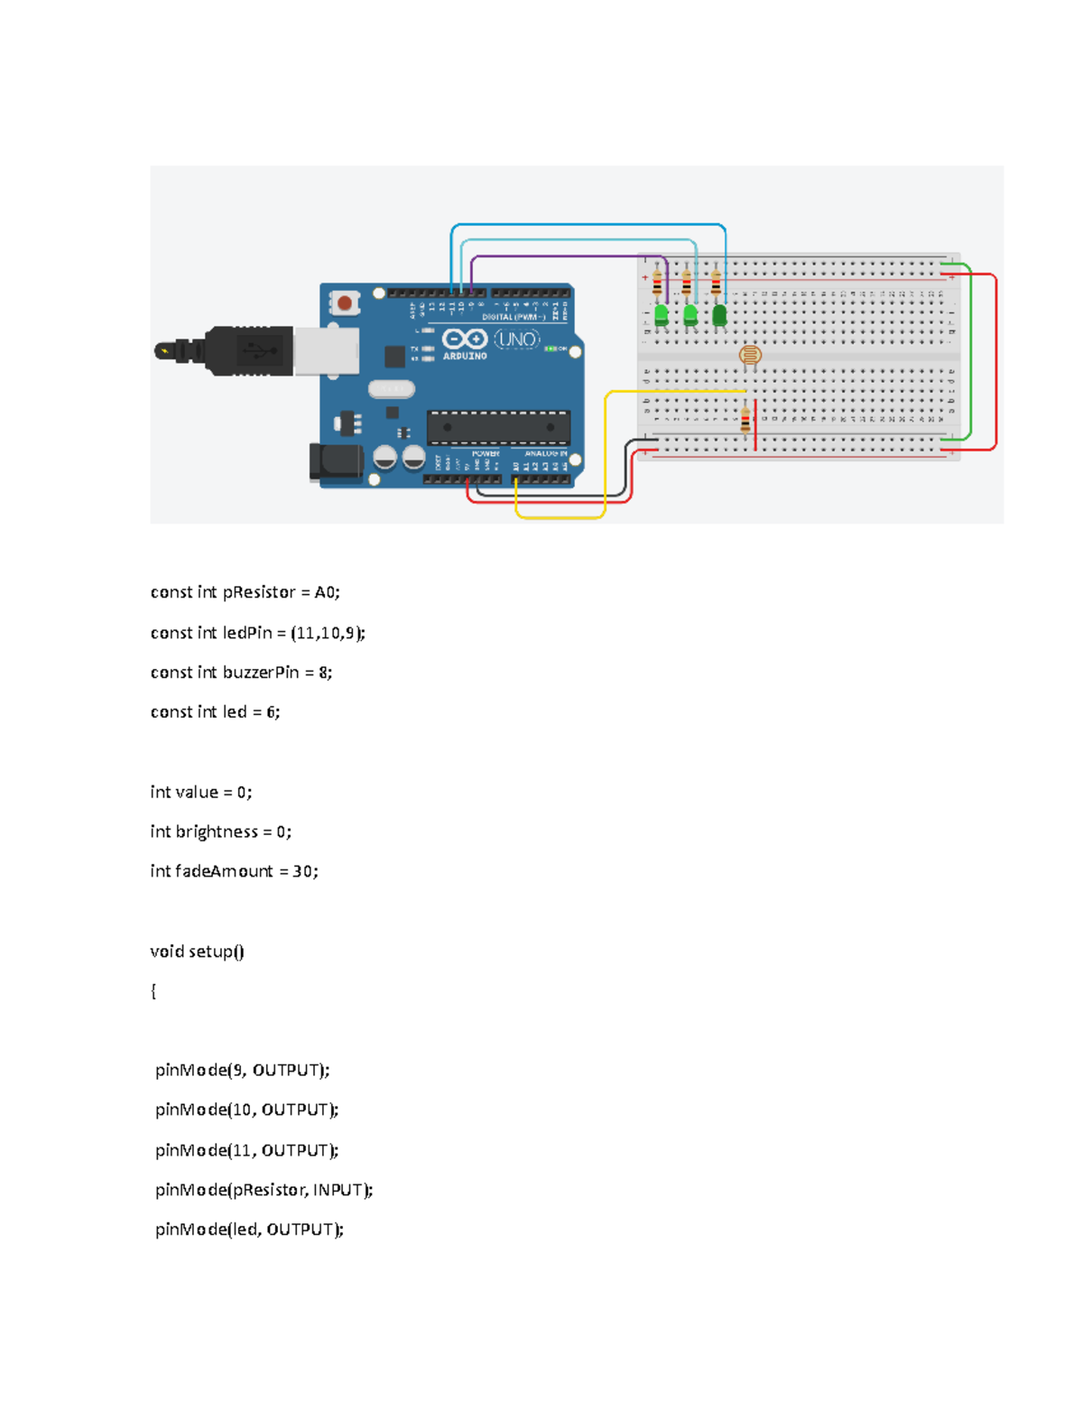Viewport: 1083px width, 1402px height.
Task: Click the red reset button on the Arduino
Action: click(344, 303)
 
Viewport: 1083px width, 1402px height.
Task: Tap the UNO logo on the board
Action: click(517, 340)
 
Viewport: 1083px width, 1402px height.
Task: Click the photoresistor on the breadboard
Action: click(750, 355)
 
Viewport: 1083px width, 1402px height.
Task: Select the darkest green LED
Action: click(719, 315)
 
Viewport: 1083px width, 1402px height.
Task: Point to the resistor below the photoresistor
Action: click(745, 420)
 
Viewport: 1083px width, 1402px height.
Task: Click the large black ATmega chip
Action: click(498, 427)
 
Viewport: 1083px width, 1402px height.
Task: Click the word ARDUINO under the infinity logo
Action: click(465, 357)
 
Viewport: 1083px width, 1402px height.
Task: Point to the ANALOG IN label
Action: click(546, 453)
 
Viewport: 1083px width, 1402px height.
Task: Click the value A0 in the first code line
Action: click(325, 592)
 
